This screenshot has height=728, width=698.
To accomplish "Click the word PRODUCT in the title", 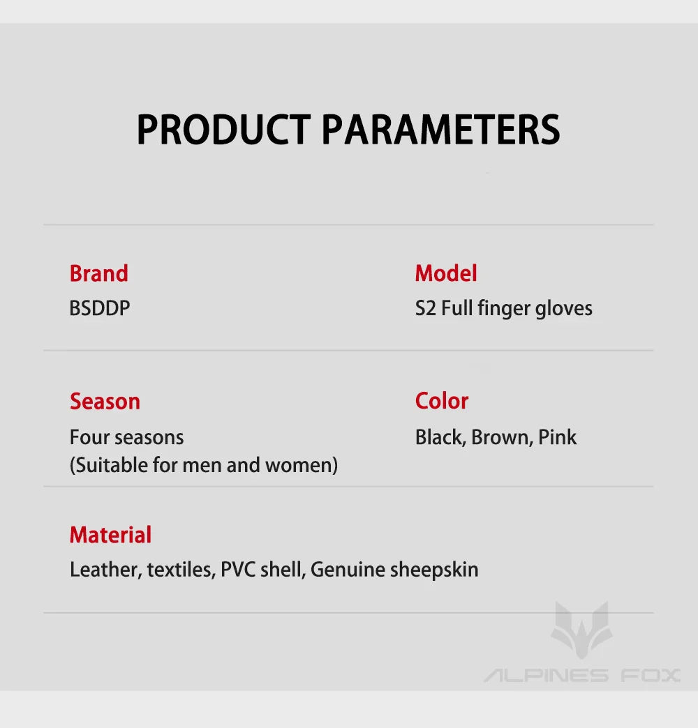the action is (223, 130).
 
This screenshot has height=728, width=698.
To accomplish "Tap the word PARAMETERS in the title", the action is (440, 130).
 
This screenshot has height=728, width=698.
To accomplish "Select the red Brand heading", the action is (99, 273).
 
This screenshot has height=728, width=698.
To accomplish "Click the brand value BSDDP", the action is (99, 308).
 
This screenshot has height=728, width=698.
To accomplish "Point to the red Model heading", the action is (446, 273).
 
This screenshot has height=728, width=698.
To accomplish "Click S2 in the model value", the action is (426, 308).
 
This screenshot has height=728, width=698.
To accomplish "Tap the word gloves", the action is (564, 309).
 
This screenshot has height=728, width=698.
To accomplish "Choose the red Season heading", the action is (105, 402).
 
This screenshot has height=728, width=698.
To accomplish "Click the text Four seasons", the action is (127, 437).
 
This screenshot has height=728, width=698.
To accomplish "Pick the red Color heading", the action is (442, 401).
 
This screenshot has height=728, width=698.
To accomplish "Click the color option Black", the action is (440, 438).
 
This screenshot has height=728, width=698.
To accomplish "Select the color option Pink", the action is (557, 437).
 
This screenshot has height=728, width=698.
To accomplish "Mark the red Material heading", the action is (110, 535).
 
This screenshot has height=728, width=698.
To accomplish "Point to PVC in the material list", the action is (238, 570).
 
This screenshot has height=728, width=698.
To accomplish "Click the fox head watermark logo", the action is (581, 630).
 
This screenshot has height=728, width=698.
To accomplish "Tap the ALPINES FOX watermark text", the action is (582, 675).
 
